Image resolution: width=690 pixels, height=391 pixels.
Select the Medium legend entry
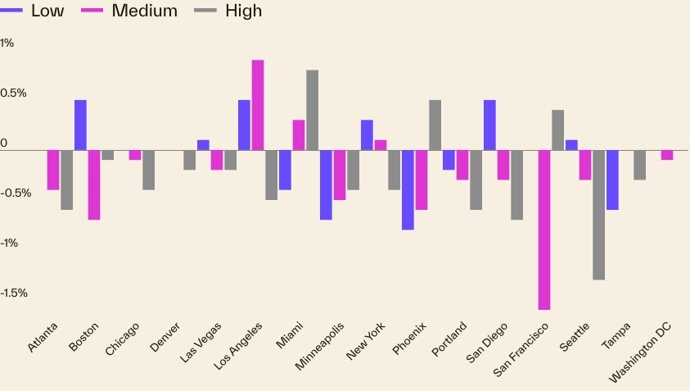pos(130,11)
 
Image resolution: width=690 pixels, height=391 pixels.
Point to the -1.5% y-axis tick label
pos(14,293)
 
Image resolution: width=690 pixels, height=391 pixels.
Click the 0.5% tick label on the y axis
pos(14,93)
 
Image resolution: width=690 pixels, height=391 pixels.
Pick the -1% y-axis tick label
pos(10,243)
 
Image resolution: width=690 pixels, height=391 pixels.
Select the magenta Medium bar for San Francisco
pos(543,230)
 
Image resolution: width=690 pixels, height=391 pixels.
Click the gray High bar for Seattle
pos(598,215)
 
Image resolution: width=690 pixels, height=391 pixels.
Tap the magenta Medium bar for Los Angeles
pos(257,105)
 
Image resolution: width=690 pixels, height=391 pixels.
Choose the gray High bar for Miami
pos(312,110)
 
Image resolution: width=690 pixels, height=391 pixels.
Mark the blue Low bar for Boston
pos(80,125)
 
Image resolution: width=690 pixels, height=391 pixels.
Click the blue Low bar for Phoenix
pos(408,189)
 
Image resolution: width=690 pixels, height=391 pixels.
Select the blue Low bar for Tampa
pos(612,180)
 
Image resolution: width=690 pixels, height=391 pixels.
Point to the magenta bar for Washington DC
pos(666,155)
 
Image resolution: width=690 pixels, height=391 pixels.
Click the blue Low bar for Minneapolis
pos(326,184)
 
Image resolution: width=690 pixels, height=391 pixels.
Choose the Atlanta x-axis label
pos(43,338)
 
